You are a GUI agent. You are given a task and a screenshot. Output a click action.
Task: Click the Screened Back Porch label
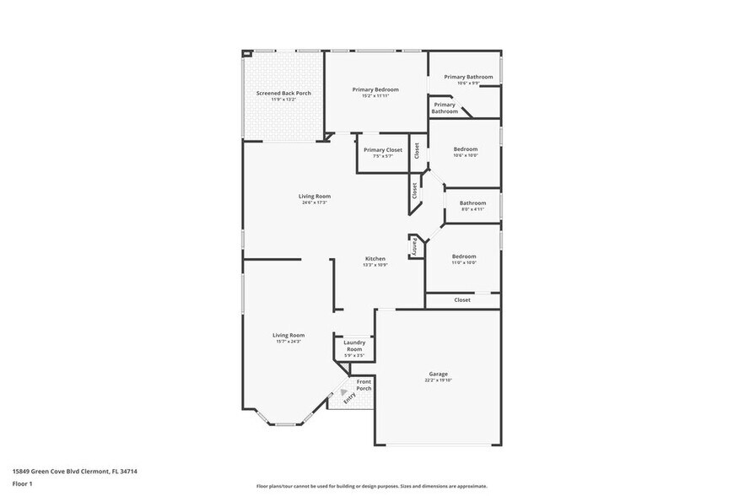coord(283,93)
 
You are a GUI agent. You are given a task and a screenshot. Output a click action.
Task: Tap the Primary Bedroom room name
coord(375,89)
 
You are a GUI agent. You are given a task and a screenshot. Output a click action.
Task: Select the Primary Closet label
coord(383,149)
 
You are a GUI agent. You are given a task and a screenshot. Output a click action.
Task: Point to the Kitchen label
coord(375,258)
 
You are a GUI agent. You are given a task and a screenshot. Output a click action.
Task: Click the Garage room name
coord(438,374)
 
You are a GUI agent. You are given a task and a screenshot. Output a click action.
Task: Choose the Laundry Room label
coord(354,345)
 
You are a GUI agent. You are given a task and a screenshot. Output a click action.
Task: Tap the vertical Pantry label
coord(414,246)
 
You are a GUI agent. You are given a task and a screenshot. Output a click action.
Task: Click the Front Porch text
coord(364,385)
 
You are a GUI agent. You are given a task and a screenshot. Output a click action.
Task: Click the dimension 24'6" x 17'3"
coord(315,202)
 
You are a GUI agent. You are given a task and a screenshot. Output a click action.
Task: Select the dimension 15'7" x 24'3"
coord(288,342)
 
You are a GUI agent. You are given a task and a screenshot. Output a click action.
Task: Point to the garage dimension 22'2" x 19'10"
coord(438,380)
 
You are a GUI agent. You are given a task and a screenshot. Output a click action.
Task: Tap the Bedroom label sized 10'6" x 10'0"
coord(465,148)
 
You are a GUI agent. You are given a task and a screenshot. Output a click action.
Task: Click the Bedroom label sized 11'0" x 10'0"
coord(464,256)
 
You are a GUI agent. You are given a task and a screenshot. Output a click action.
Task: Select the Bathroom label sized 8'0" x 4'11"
coord(472,202)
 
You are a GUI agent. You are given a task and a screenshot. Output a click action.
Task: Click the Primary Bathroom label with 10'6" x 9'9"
coord(468,77)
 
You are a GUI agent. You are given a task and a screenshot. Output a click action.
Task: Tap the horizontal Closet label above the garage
coord(462,299)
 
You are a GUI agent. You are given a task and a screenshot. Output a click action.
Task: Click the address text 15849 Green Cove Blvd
coord(74,472)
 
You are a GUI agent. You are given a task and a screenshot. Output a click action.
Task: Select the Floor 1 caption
coord(22,483)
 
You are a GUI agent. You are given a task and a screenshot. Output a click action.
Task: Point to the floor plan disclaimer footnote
coord(371,486)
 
